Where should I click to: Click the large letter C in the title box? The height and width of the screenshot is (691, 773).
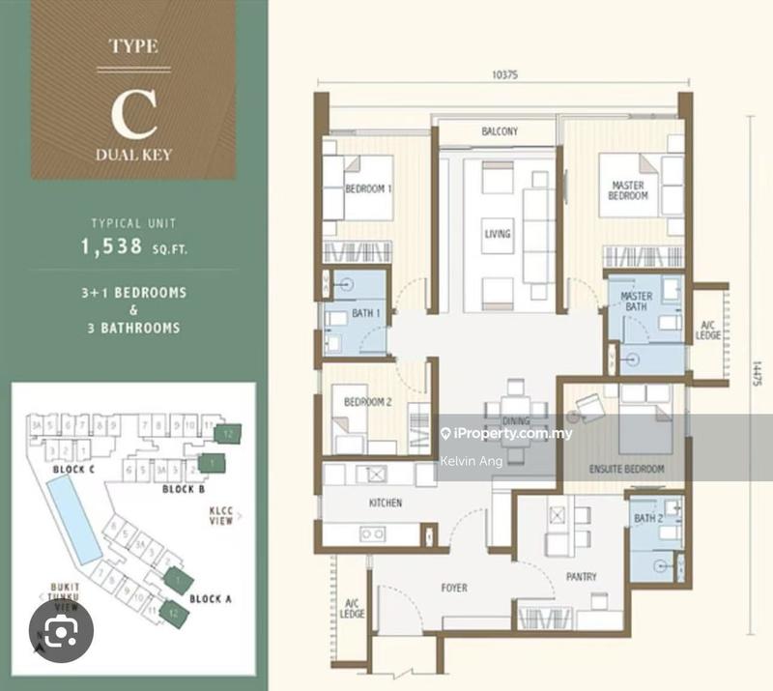point(133,114)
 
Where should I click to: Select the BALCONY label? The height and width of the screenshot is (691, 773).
point(500,131)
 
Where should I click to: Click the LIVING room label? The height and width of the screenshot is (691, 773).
point(498,233)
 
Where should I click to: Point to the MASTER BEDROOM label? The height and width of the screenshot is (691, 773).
point(629,189)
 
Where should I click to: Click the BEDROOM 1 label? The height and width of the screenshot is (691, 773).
point(368,188)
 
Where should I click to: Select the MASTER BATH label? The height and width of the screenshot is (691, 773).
point(636,302)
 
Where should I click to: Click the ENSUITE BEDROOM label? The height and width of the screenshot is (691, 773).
point(626,469)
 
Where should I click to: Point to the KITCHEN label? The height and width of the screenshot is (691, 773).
point(385,503)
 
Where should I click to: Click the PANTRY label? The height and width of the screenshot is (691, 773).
point(582,577)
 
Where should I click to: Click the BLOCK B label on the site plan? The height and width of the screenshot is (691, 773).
point(182,489)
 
